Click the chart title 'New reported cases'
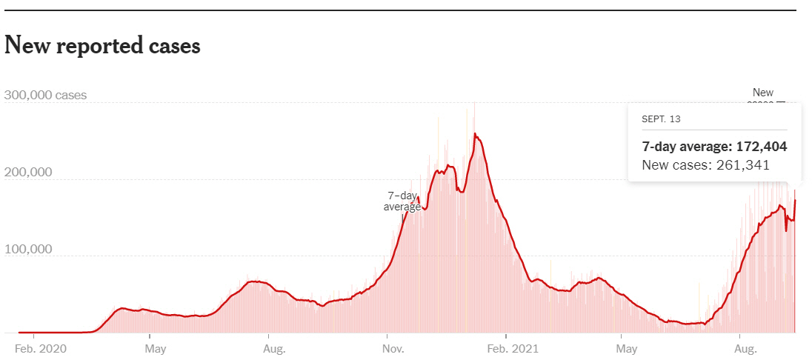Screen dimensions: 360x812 coord(102,46)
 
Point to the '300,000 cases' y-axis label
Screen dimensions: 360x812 coord(45,96)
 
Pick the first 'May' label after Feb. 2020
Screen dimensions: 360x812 coord(155,347)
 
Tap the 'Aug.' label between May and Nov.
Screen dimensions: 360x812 coord(274,347)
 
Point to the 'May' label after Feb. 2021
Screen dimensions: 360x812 coord(627,347)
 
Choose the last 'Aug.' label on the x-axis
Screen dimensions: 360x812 coord(746,347)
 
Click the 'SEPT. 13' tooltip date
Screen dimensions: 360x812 coord(662,119)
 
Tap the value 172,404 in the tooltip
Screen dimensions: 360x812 coord(759,147)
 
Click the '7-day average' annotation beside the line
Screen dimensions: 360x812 coord(402,201)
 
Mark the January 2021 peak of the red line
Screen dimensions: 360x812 coord(475,134)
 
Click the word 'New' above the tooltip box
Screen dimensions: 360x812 coord(762,93)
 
